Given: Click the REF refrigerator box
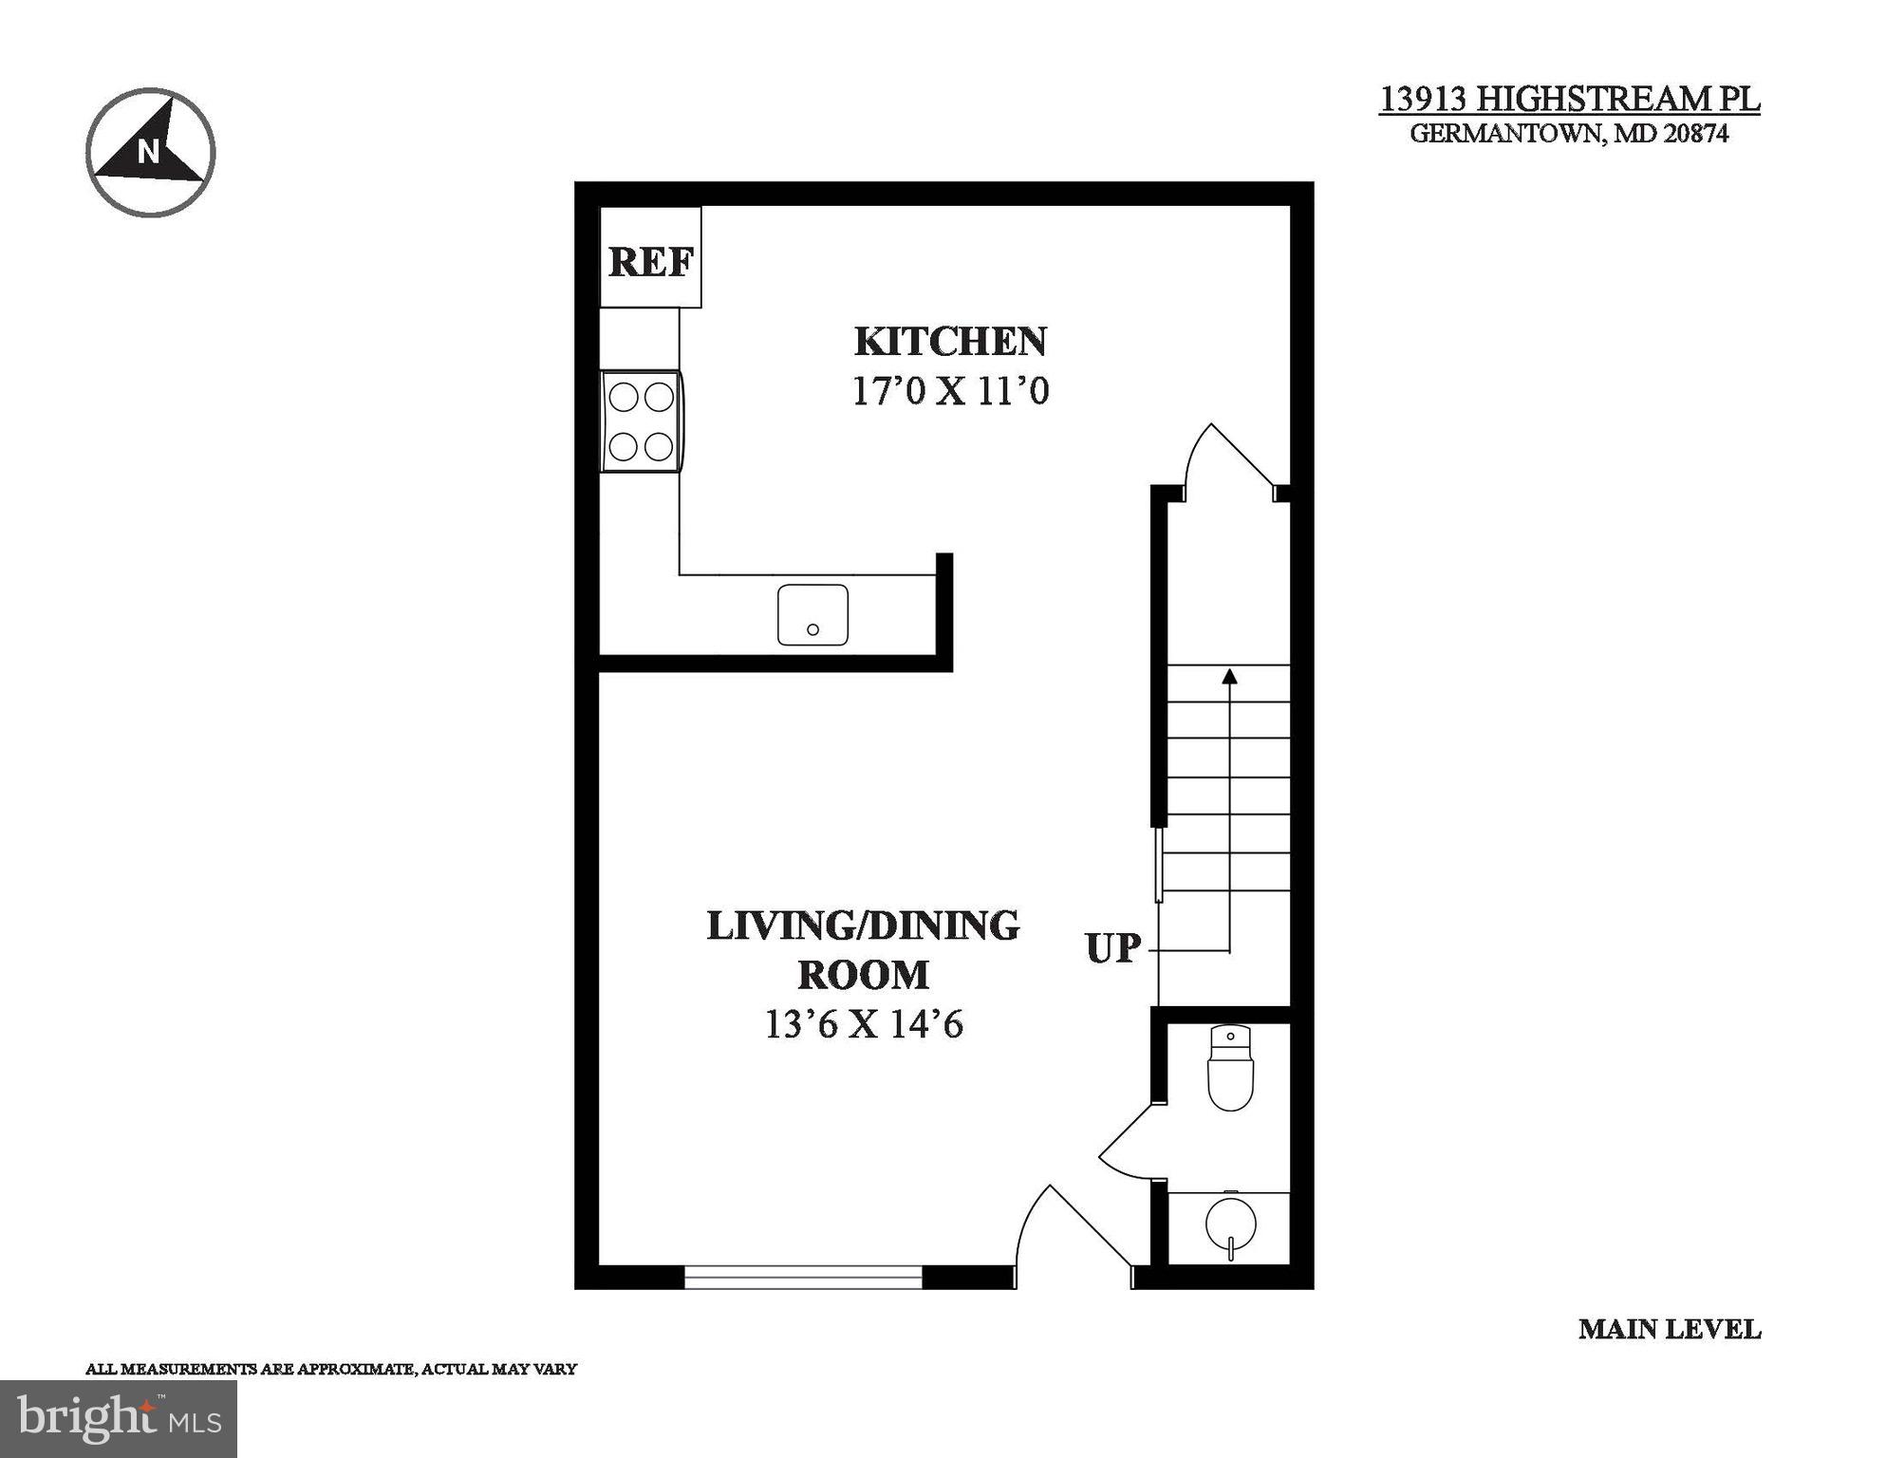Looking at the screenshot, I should click(x=650, y=258).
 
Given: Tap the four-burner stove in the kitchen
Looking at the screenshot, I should click(x=642, y=421).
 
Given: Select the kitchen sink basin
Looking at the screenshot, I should click(x=812, y=615).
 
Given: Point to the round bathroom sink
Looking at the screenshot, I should click(x=1230, y=1224).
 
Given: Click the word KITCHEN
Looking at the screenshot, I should click(x=950, y=342).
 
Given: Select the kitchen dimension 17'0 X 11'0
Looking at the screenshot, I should click(x=950, y=391).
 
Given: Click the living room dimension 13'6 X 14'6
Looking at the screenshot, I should click(x=864, y=1024).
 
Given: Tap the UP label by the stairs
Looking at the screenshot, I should click(x=1112, y=948).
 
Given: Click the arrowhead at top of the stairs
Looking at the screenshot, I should click(x=1230, y=676).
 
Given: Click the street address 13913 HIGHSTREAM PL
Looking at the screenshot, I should click(x=1569, y=99).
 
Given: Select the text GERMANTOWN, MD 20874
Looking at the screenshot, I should click(x=1569, y=134).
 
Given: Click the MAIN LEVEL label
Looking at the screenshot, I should click(x=1669, y=1330).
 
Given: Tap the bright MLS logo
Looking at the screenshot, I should click(x=119, y=1419).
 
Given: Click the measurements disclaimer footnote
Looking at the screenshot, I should click(x=331, y=1369).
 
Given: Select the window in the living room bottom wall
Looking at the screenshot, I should click(x=803, y=1278).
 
